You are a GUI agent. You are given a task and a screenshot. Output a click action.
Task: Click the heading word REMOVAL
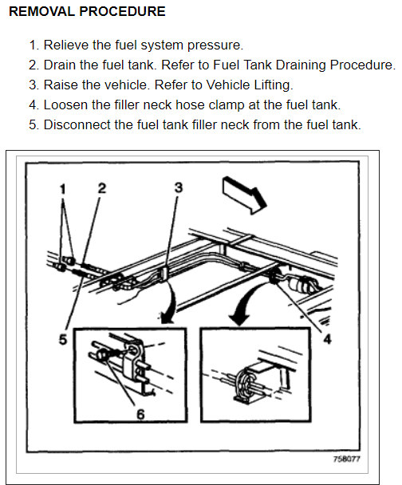(42, 11)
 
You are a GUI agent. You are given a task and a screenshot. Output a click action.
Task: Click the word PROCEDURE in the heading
(122, 11)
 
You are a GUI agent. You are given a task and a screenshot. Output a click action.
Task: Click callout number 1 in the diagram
(63, 188)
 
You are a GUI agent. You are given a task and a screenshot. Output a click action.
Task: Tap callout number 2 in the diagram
(102, 188)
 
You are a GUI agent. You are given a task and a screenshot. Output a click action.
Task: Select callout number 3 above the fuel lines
(179, 187)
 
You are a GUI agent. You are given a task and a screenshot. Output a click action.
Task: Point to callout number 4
(327, 339)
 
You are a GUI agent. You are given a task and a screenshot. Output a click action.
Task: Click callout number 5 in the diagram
(63, 339)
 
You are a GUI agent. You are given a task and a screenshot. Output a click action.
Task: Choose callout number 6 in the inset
(140, 415)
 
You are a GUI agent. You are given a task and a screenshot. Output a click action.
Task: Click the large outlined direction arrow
(244, 195)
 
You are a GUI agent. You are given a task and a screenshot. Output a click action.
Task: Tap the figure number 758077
(347, 459)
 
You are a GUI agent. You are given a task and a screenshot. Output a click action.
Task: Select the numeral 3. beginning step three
(33, 85)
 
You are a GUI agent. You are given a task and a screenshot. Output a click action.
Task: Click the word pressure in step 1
(215, 45)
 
